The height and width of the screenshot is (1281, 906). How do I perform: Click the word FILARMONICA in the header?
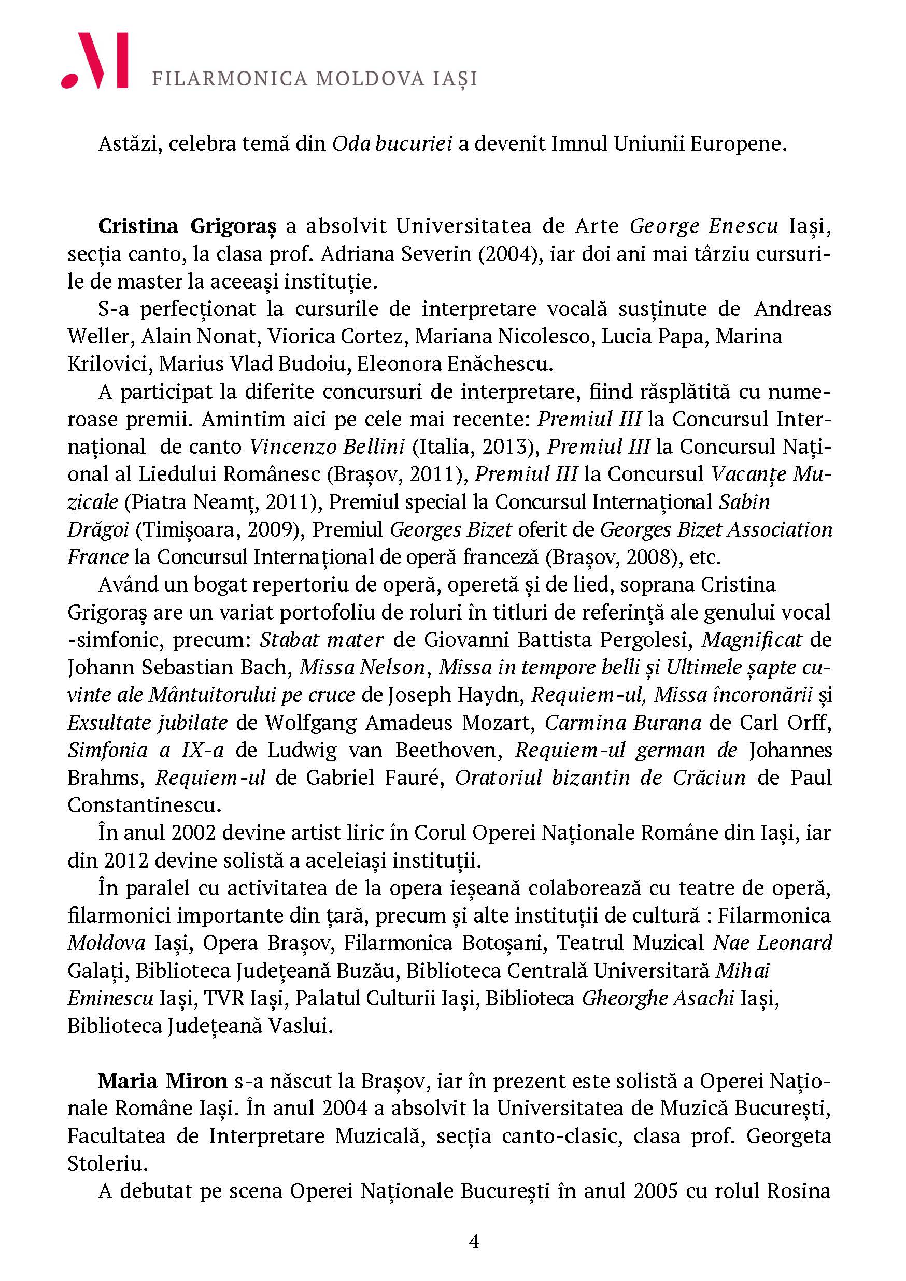(230, 79)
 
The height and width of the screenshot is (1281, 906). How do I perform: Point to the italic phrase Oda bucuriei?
(392, 144)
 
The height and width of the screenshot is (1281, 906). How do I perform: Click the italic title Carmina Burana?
(623, 723)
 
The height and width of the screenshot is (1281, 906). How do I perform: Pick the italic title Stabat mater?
(321, 639)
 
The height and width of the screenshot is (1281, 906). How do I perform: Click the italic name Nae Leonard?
(773, 943)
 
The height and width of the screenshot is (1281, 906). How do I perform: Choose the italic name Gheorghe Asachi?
(658, 998)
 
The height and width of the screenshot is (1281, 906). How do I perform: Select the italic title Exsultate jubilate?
(147, 723)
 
